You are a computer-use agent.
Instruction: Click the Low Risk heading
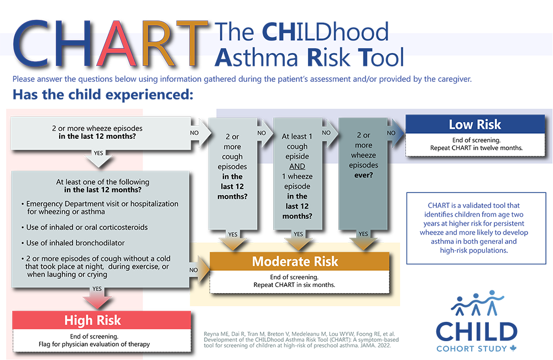(x=475, y=125)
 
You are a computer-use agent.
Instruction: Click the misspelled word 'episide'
(x=297, y=156)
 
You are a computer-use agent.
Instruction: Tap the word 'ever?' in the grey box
(x=363, y=175)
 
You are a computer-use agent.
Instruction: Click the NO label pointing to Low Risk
(x=391, y=133)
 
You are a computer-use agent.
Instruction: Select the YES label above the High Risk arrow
(x=97, y=289)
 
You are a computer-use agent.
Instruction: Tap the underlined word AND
(x=297, y=166)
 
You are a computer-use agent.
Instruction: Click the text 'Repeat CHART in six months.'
(x=294, y=285)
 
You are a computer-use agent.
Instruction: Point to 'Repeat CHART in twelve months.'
(x=475, y=148)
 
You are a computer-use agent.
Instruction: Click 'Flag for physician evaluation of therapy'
(x=102, y=344)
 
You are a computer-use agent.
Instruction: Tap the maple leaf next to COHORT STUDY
(x=513, y=348)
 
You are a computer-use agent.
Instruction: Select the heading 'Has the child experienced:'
(x=102, y=94)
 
